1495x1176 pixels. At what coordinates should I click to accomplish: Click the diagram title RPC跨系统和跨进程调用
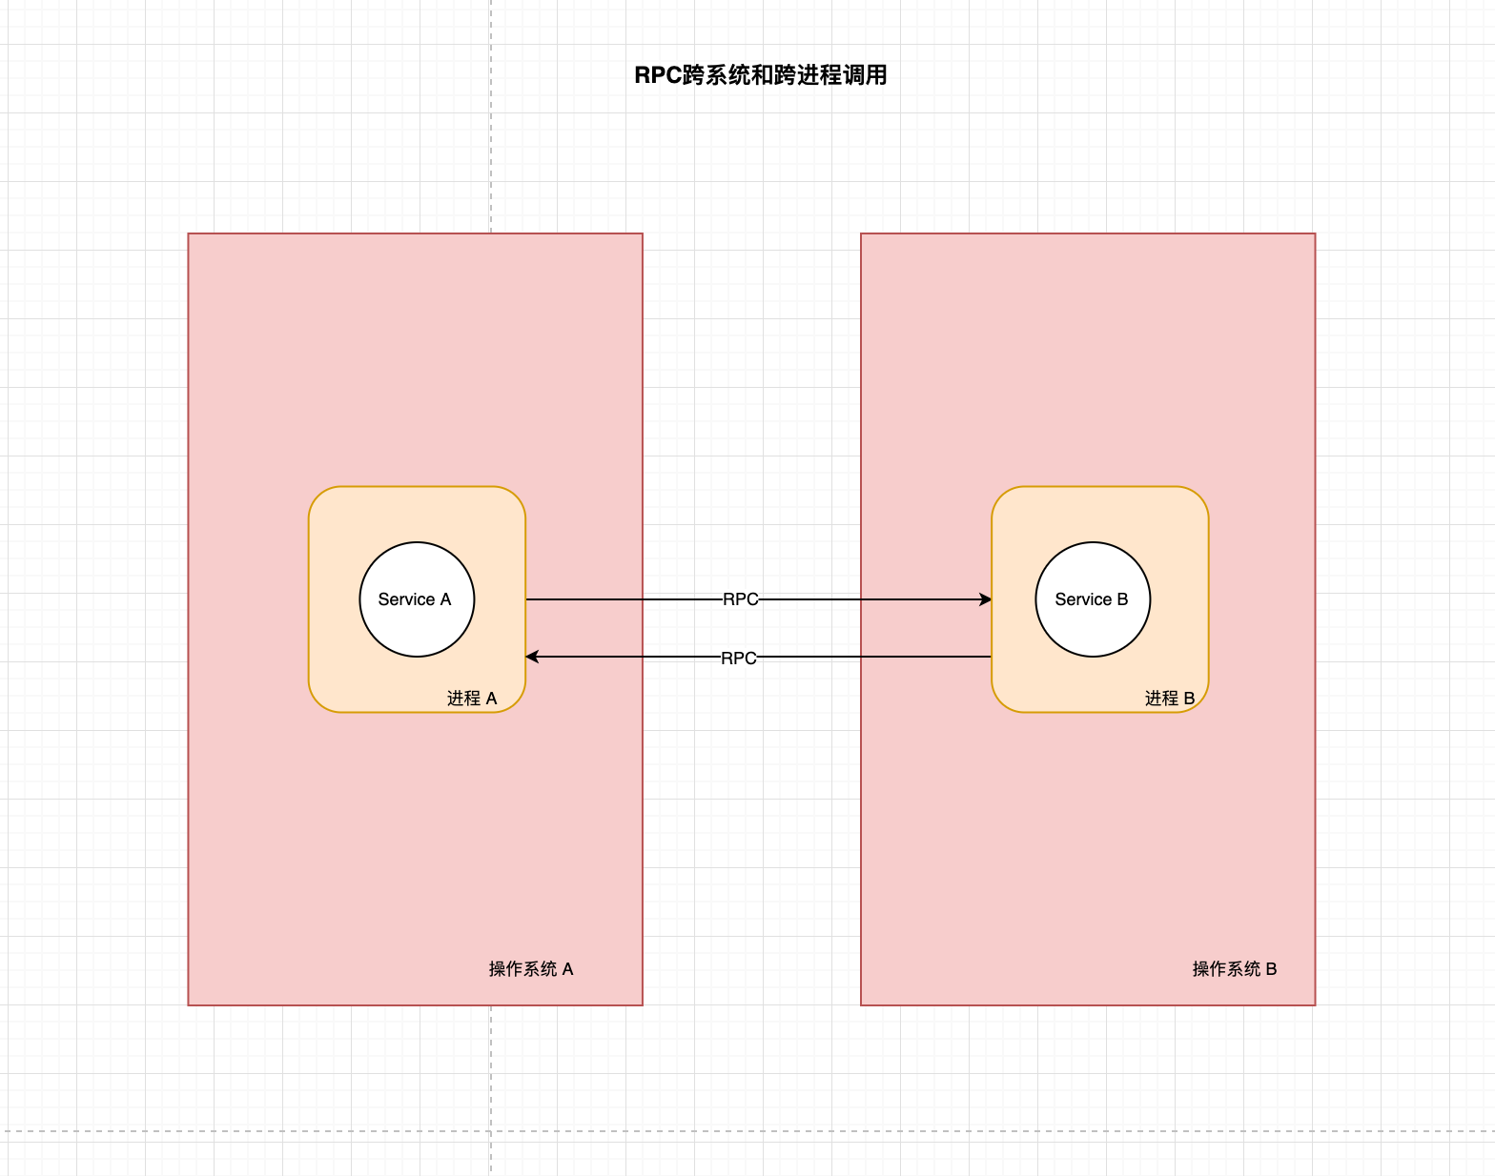(x=760, y=75)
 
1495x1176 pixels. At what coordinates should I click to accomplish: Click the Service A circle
(x=417, y=572)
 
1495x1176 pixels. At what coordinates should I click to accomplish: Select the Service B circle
(x=1093, y=572)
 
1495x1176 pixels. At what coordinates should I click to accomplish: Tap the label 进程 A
(x=472, y=699)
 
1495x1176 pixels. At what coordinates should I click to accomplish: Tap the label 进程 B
(x=1170, y=699)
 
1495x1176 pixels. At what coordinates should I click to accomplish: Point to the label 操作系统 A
(x=531, y=969)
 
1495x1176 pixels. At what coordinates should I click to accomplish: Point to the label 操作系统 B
(x=1235, y=969)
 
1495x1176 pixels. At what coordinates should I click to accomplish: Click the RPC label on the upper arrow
(x=741, y=599)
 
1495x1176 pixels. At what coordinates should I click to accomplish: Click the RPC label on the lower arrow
(x=739, y=658)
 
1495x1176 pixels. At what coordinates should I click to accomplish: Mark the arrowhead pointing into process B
(x=986, y=599)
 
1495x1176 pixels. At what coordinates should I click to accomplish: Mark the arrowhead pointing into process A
(x=532, y=657)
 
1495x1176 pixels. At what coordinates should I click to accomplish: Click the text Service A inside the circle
(x=415, y=599)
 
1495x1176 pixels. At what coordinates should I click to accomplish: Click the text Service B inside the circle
(x=1092, y=599)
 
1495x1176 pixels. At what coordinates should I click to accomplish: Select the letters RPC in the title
(x=657, y=75)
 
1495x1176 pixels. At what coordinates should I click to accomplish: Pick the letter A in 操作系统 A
(x=568, y=969)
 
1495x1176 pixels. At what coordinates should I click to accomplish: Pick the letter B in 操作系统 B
(x=1271, y=969)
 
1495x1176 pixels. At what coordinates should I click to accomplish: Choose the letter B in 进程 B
(x=1189, y=699)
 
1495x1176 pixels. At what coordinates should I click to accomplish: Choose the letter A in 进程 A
(x=492, y=699)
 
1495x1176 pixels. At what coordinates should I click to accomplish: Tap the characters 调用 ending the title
(x=865, y=75)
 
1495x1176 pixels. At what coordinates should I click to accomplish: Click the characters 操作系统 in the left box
(x=522, y=969)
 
